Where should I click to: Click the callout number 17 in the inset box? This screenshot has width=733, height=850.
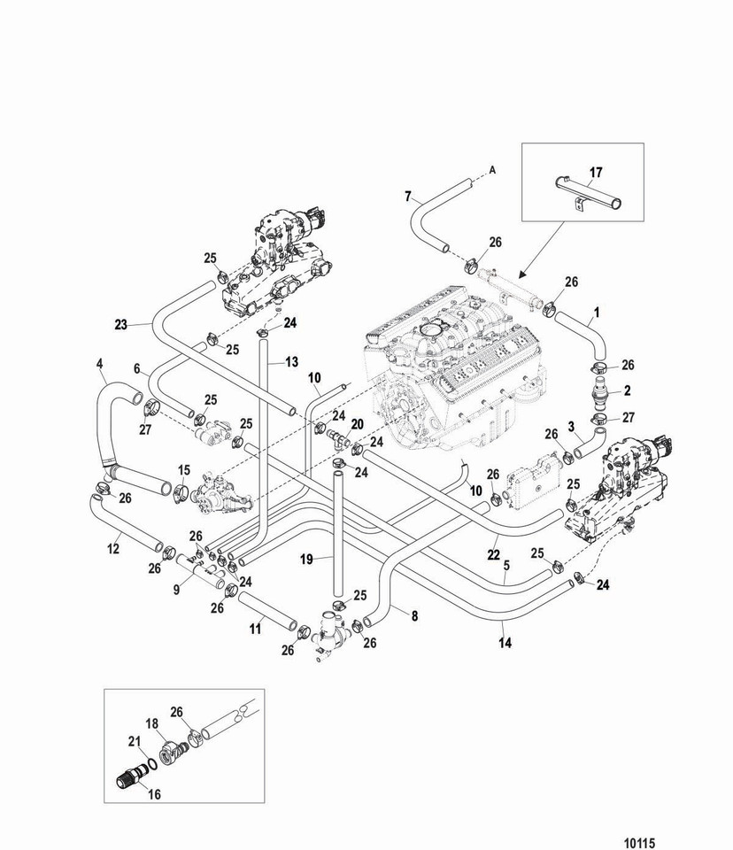pos(596,173)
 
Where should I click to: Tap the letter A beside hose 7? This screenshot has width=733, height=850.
pos(492,170)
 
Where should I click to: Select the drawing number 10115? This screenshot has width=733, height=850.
pos(640,843)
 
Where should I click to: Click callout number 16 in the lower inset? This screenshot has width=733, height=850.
pos(155,794)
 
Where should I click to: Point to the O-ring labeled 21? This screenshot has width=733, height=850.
pos(152,764)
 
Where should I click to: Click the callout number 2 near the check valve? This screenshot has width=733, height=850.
pos(628,390)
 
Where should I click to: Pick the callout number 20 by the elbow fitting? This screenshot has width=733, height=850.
pos(358,424)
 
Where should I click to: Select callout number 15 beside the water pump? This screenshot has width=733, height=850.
pos(184,470)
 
